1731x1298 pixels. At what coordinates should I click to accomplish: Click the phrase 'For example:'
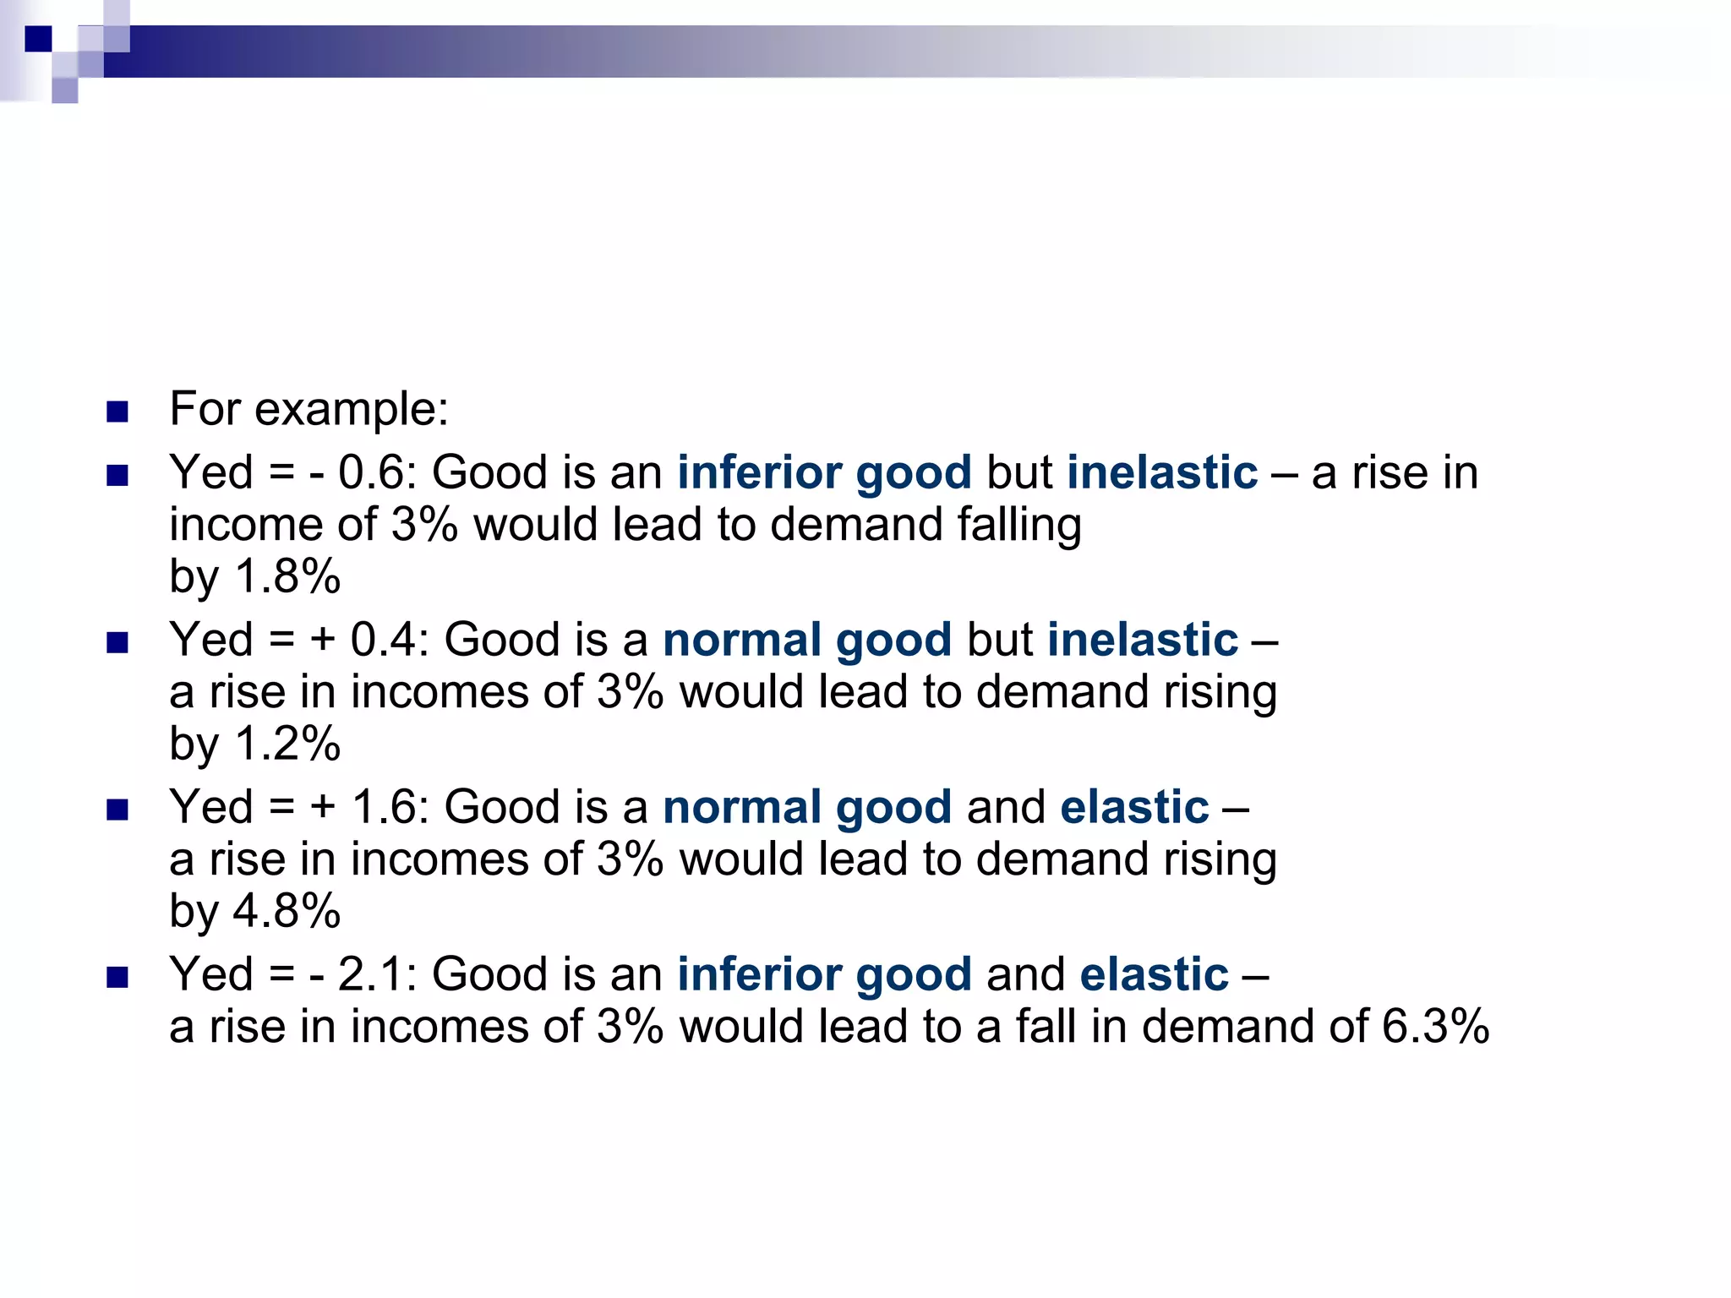point(309,409)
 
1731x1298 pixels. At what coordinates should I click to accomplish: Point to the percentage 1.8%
point(287,577)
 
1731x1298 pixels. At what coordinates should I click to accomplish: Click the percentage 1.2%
point(287,744)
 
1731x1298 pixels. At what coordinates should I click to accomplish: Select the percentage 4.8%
point(287,912)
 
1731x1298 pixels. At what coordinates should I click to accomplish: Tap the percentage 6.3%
point(1435,1027)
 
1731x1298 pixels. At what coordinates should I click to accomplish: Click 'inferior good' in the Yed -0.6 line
point(824,472)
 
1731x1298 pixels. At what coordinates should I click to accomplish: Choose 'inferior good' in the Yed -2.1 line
point(824,974)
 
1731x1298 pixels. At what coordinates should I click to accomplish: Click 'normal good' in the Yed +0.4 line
point(807,640)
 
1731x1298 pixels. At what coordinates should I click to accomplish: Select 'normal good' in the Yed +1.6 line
point(807,807)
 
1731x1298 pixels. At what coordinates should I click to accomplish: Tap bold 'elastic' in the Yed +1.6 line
point(1134,807)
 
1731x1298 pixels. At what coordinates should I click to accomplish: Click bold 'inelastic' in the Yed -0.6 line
point(1162,472)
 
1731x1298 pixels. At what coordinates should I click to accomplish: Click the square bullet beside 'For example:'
point(117,412)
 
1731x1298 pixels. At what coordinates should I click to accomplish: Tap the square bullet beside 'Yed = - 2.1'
point(117,978)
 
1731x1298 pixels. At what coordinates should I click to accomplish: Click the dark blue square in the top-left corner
point(38,39)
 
